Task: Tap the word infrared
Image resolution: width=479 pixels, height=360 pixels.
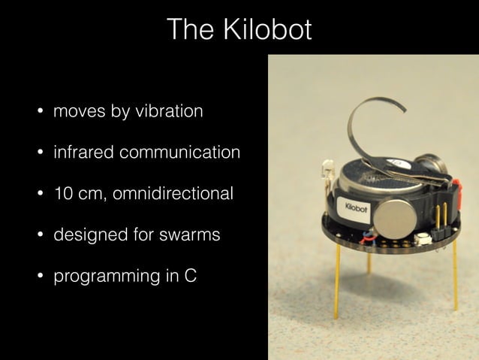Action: [x=81, y=153]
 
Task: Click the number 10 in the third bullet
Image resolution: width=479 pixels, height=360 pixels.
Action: [x=62, y=194]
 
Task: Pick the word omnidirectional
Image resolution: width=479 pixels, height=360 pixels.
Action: [x=173, y=194]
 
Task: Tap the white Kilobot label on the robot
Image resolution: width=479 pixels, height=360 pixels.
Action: [x=355, y=207]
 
